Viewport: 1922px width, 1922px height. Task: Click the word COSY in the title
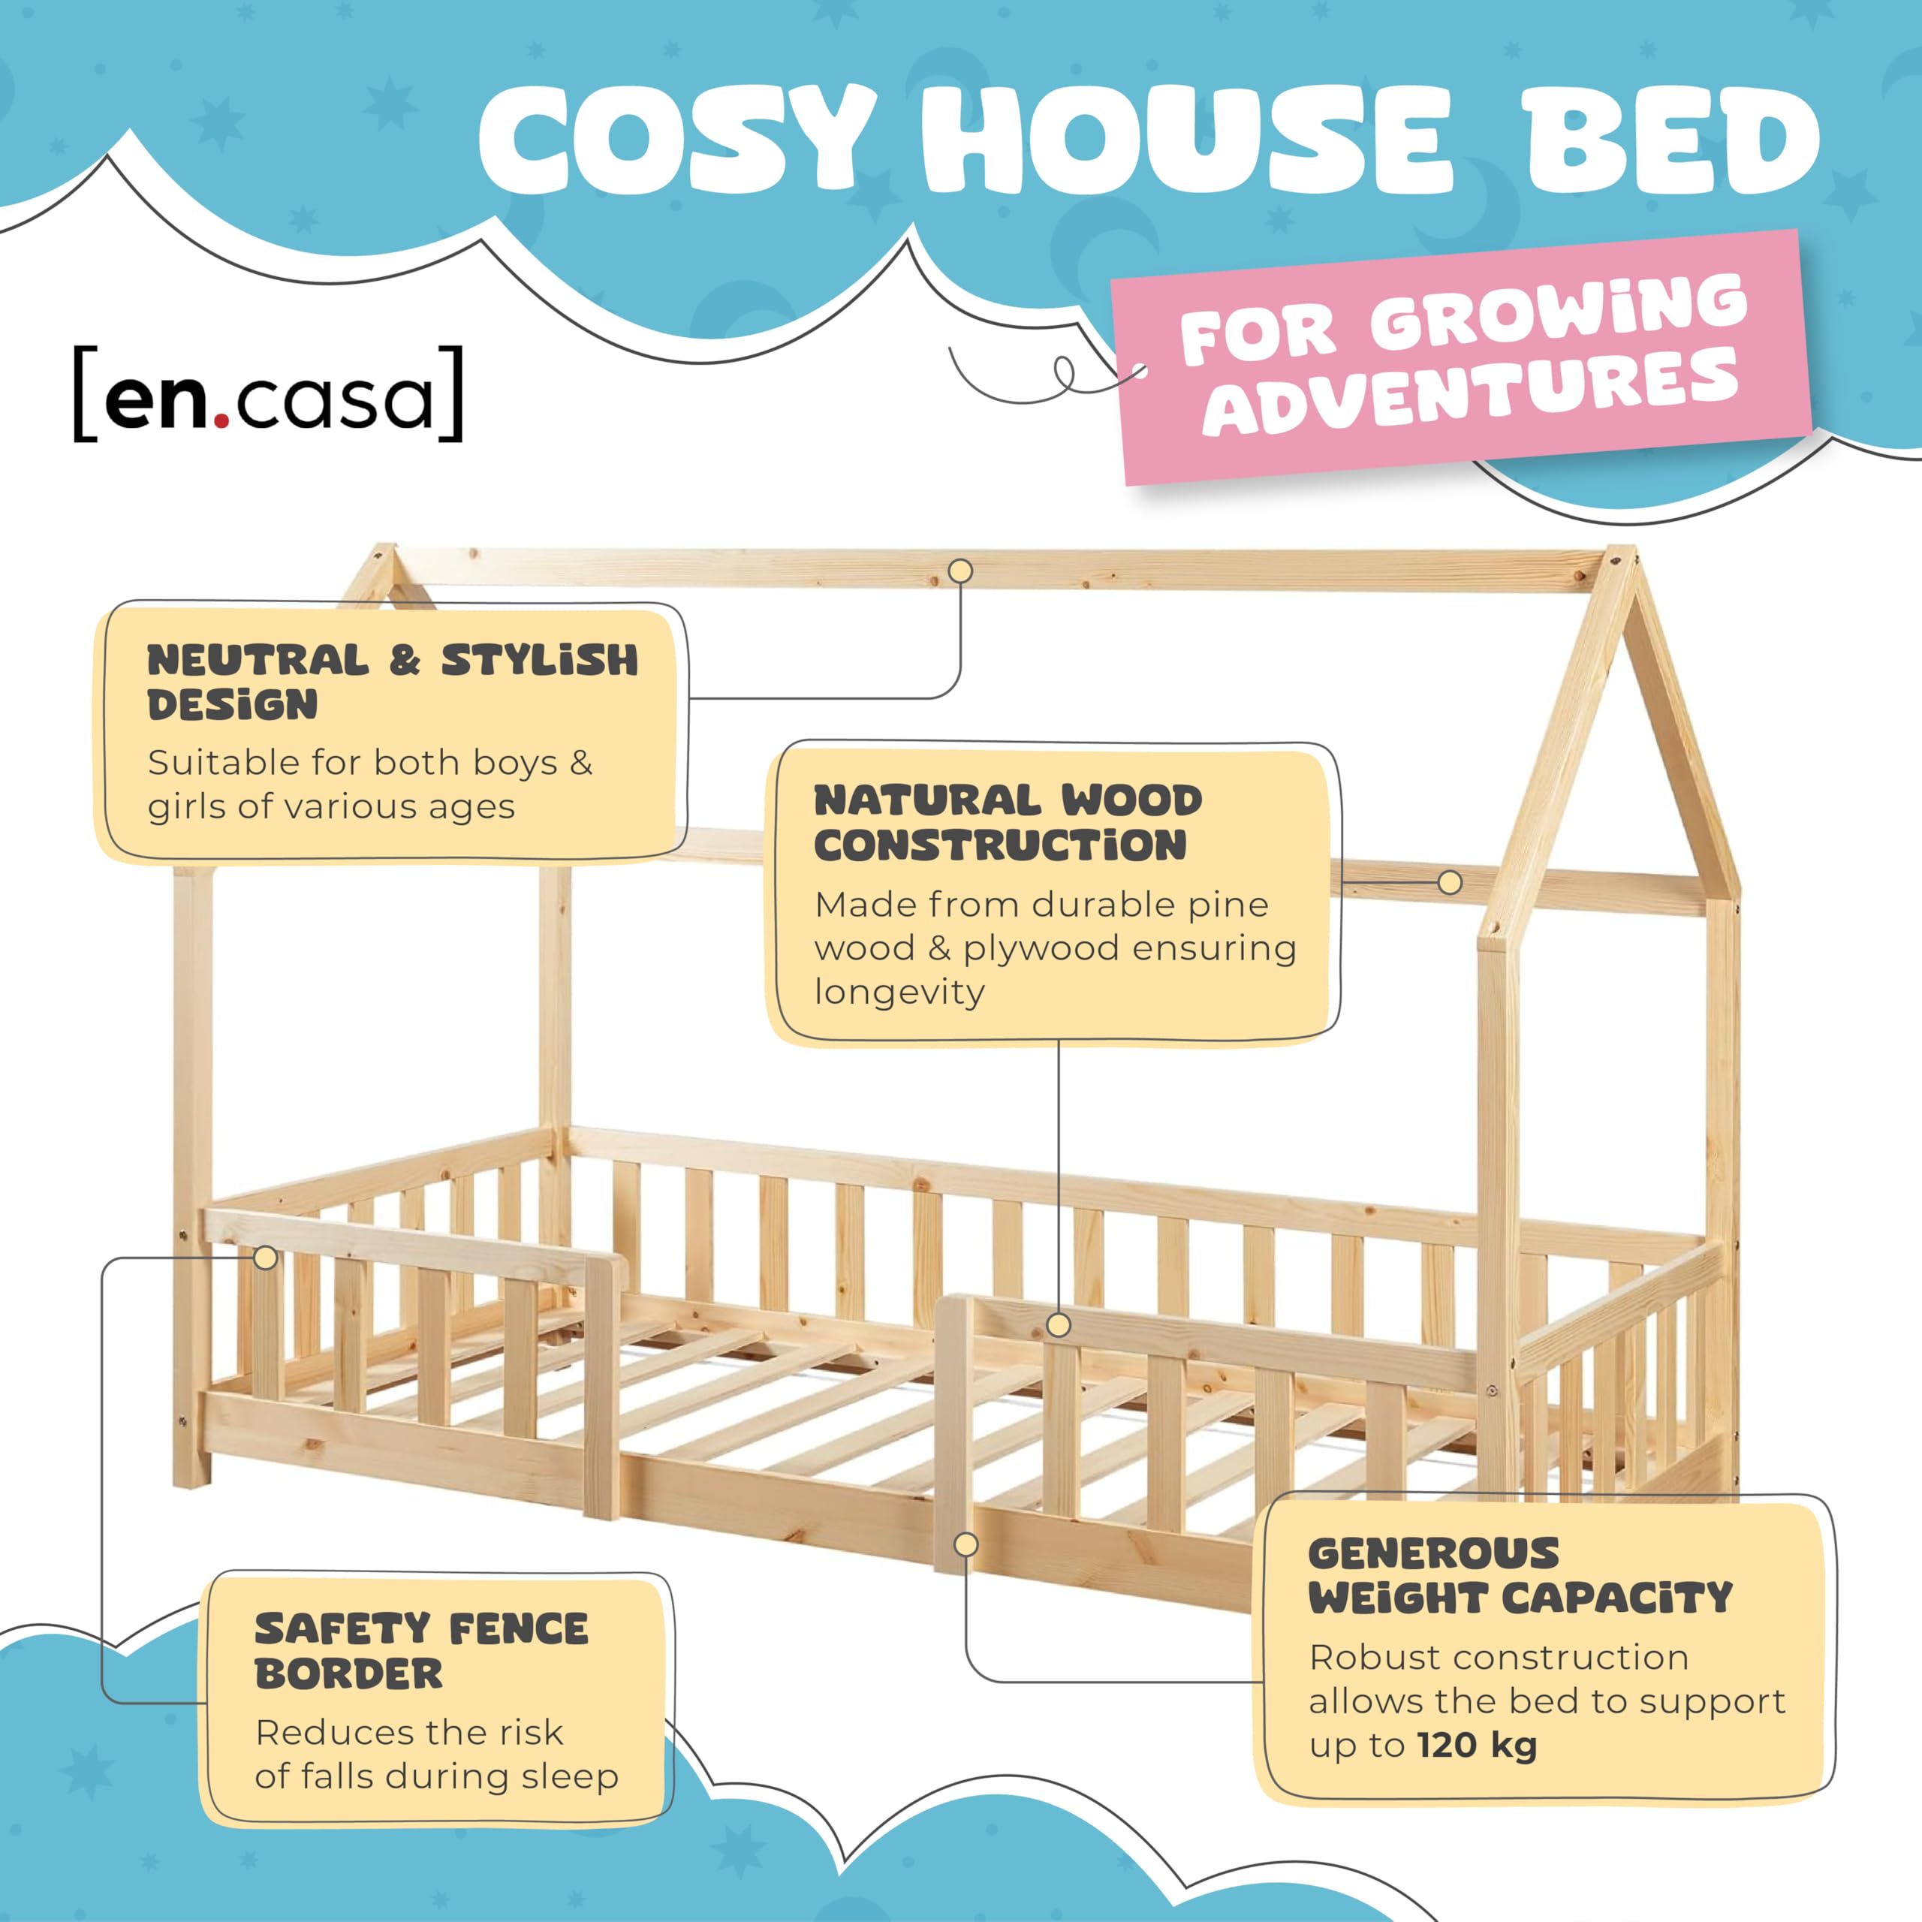pos(676,140)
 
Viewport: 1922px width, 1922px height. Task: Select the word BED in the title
pos(1673,140)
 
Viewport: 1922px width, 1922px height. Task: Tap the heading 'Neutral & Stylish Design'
pos(393,682)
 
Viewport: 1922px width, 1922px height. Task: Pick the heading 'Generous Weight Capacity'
pos(1521,1576)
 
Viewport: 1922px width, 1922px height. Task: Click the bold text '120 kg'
pos(1478,1745)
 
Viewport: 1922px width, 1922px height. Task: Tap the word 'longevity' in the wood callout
pos(899,993)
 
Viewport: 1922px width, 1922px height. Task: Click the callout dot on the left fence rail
pos(266,1258)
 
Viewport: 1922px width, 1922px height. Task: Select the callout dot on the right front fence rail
pos(1059,1325)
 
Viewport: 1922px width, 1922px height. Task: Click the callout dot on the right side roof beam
pos(1451,882)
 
